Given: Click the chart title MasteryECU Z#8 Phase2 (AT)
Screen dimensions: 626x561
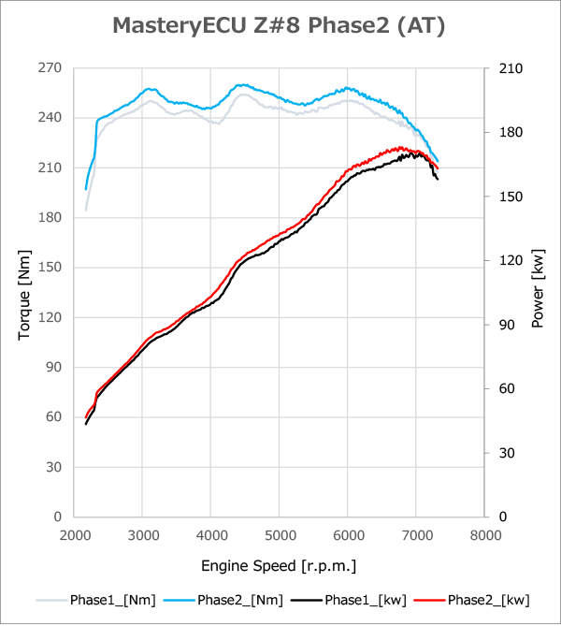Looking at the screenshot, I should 279,26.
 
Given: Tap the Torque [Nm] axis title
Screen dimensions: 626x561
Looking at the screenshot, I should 25,292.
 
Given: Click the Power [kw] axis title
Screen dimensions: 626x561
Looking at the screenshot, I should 538,292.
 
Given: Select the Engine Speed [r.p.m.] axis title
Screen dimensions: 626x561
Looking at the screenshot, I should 279,566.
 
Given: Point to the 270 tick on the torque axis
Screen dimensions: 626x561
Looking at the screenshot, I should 50,68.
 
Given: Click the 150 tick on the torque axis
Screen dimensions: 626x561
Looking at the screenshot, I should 50,268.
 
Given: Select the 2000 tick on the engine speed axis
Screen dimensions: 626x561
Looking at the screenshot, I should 74,536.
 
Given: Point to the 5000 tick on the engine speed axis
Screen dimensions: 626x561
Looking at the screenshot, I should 280,536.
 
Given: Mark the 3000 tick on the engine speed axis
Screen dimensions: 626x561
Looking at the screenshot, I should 142,536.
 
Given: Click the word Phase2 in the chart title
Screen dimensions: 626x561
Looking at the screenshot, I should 342,26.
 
